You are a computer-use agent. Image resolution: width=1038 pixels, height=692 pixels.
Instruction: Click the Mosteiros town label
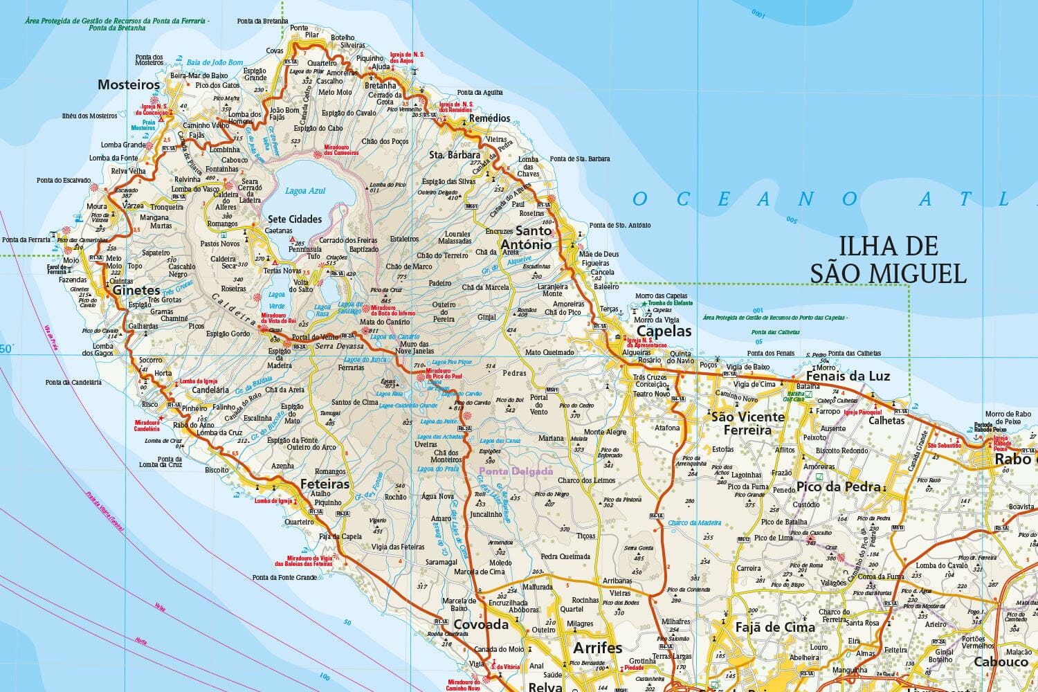pyautogui.click(x=129, y=85)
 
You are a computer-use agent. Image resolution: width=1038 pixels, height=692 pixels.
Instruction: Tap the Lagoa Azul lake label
pyautogui.click(x=305, y=190)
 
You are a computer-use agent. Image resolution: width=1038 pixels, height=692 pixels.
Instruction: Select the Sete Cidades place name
pyautogui.click(x=295, y=219)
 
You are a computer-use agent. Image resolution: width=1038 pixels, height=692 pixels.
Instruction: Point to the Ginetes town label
pyautogui.click(x=136, y=291)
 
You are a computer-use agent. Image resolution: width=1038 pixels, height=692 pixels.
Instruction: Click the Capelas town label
pyautogui.click(x=664, y=331)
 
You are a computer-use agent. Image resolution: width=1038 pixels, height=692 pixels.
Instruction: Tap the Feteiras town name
pyautogui.click(x=325, y=484)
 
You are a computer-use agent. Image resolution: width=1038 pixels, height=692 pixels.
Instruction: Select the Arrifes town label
pyautogui.click(x=598, y=648)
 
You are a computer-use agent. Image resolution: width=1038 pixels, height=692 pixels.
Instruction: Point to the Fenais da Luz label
pyautogui.click(x=848, y=376)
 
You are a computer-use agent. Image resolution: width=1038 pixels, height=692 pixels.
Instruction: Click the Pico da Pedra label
pyautogui.click(x=838, y=486)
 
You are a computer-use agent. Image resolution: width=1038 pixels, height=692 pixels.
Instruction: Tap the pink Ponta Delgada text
pyautogui.click(x=516, y=472)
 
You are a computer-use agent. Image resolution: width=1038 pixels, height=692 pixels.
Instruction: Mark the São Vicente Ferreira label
pyautogui.click(x=747, y=423)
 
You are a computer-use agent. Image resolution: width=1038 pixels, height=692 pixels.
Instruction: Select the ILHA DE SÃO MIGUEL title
pyautogui.click(x=889, y=259)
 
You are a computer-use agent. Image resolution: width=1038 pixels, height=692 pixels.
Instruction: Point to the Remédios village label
pyautogui.click(x=489, y=118)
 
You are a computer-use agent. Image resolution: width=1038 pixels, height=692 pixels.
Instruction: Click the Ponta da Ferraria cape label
pyautogui.click(x=26, y=239)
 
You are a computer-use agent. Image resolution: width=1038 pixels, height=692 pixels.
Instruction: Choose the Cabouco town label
pyautogui.click(x=1001, y=662)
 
